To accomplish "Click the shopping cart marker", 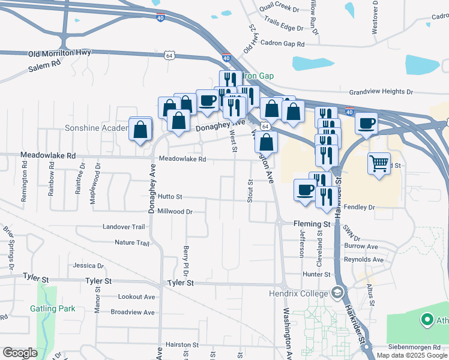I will (379, 163).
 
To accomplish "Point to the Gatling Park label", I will (53, 308).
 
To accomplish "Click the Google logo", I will (20, 353).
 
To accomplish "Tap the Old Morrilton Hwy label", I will (59, 53).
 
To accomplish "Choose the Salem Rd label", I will (44, 66).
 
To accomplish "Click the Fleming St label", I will (312, 224).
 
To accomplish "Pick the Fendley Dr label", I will (360, 207).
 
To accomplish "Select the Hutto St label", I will (170, 197).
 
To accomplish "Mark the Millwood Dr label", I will (174, 211).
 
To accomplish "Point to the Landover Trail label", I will (124, 227).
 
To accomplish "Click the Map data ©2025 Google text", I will (412, 355).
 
